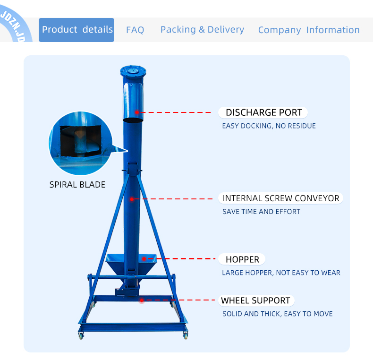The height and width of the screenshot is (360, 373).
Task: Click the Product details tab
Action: tap(76, 30)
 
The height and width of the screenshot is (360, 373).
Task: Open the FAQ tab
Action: tap(135, 30)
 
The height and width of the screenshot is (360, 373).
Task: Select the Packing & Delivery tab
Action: tap(202, 30)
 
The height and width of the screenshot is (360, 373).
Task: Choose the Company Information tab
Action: tap(309, 30)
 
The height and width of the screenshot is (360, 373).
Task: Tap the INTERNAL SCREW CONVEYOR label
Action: tap(281, 198)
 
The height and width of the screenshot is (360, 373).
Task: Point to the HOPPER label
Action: tap(242, 259)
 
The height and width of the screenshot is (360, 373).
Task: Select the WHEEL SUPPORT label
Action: tap(256, 300)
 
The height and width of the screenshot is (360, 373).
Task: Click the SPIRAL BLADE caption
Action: tap(77, 185)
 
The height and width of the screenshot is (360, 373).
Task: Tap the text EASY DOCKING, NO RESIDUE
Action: tap(269, 126)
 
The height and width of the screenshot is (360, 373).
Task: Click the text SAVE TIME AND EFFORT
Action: tap(261, 212)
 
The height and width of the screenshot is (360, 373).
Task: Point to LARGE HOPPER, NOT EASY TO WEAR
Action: tap(281, 273)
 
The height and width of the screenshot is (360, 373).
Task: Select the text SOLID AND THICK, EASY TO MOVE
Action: tap(277, 314)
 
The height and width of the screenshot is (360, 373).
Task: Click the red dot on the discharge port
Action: tap(137, 112)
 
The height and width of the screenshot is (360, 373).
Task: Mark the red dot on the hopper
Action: tap(144, 258)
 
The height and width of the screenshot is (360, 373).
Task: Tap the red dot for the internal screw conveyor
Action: tap(132, 199)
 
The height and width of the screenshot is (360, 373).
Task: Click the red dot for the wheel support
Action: tap(142, 300)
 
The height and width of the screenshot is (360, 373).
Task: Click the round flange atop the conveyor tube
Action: tap(133, 71)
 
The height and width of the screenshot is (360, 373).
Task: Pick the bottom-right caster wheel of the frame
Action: tap(186, 335)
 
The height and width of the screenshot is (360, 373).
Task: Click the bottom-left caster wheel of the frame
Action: tap(81, 335)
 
